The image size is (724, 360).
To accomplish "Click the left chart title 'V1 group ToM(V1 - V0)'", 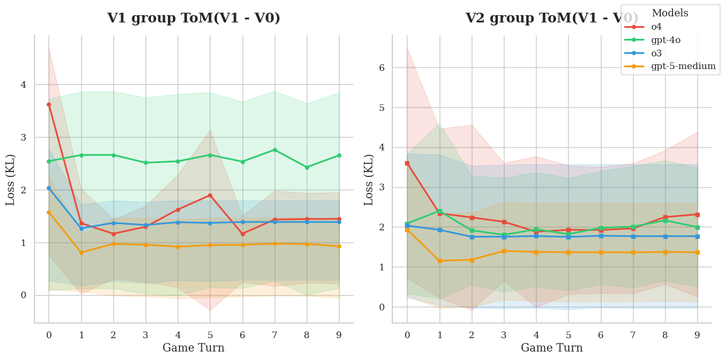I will tap(193, 18).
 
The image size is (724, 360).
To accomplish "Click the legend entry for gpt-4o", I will tap(666, 40).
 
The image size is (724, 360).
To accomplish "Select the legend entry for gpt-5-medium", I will tap(683, 66).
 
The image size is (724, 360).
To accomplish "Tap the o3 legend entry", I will tap(656, 53).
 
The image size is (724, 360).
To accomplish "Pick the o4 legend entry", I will tap(656, 27).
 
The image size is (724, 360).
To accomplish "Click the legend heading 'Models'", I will tap(669, 13).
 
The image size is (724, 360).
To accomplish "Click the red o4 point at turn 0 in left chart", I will tap(49, 104).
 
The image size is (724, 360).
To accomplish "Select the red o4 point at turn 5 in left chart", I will tap(210, 195).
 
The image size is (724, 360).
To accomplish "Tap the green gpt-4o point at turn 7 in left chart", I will tap(275, 150).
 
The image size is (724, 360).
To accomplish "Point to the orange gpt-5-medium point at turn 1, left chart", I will tap(81, 253).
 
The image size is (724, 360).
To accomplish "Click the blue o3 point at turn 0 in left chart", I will tap(49, 188).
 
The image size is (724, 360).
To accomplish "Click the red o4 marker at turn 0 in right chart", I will tap(407, 163).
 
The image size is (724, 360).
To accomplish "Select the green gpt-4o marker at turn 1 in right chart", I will tap(440, 211).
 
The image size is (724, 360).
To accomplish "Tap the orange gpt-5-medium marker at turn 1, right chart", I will tap(440, 261).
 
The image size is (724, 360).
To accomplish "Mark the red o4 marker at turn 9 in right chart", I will tap(697, 215).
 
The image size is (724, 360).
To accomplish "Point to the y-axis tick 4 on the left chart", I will tap(24, 85).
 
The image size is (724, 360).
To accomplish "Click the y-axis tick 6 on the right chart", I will tap(382, 68).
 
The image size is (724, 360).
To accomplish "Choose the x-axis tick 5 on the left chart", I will tap(210, 335).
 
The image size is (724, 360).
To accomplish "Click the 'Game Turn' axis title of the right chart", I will tap(552, 348).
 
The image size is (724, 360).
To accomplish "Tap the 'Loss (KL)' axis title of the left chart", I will tap(11, 180).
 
